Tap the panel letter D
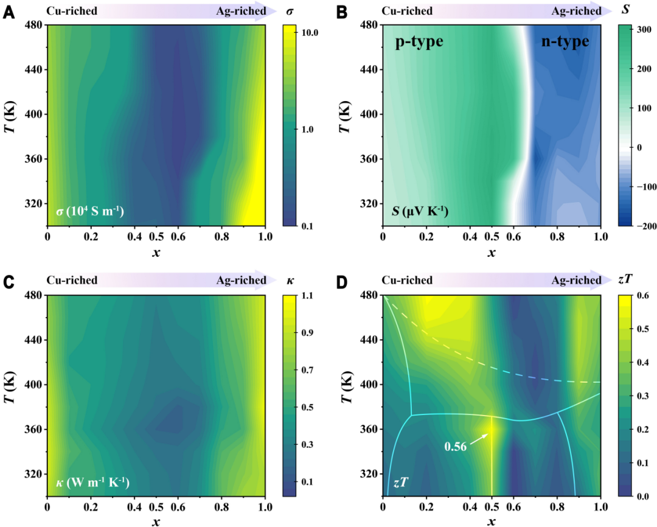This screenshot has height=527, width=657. (x=343, y=282)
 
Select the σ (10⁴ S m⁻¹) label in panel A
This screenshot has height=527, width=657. (x=89, y=212)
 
